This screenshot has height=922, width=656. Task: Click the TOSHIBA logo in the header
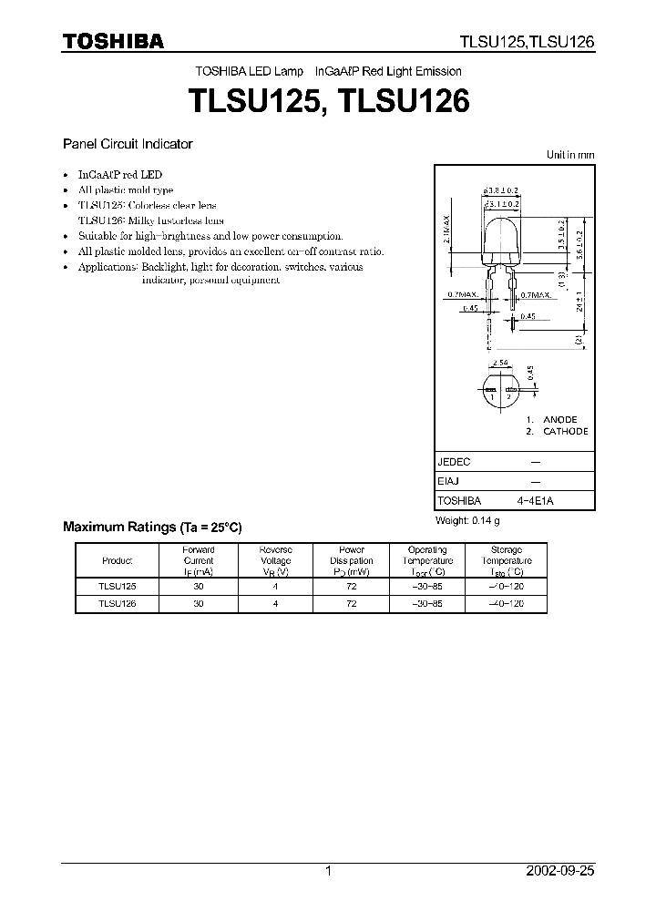pyautogui.click(x=113, y=41)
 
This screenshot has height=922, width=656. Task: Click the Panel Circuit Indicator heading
pyautogui.click(x=127, y=144)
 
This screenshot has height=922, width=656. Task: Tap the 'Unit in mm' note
pyautogui.click(x=570, y=155)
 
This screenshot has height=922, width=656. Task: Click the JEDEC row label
pyautogui.click(x=454, y=461)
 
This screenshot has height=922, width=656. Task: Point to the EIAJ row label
pyautogui.click(x=449, y=481)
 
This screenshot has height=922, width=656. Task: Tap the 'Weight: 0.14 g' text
pyautogui.click(x=468, y=520)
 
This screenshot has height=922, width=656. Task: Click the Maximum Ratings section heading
pyautogui.click(x=152, y=527)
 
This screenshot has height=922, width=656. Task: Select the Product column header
pyautogui.click(x=118, y=561)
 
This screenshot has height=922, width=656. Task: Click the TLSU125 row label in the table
pyautogui.click(x=117, y=587)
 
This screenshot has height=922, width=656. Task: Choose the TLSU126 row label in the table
pyautogui.click(x=117, y=603)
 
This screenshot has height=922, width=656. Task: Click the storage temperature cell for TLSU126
pyautogui.click(x=506, y=603)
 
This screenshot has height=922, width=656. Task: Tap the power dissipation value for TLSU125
pyautogui.click(x=351, y=587)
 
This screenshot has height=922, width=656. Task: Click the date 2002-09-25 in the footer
pyautogui.click(x=559, y=871)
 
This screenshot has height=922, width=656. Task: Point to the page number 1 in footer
pyautogui.click(x=328, y=871)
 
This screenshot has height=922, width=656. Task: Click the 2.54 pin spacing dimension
pyautogui.click(x=499, y=364)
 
